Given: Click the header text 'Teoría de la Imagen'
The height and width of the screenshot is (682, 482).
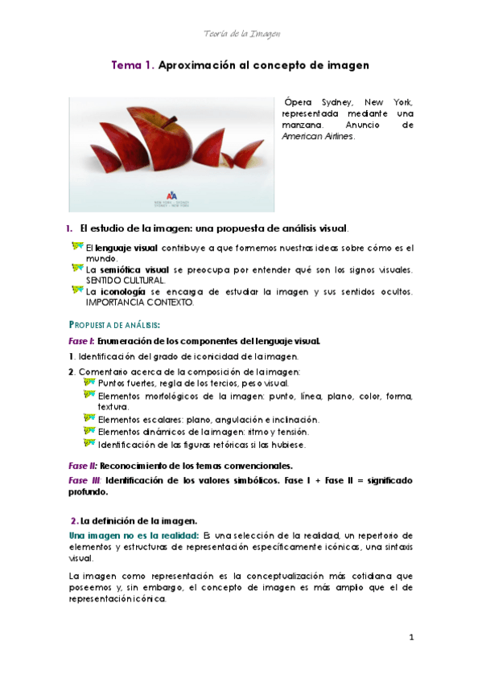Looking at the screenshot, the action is click(x=241, y=33).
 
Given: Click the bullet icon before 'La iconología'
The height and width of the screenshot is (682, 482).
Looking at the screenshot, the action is click(x=76, y=290).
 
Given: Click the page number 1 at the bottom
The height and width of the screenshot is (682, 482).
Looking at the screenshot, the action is click(x=410, y=638).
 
